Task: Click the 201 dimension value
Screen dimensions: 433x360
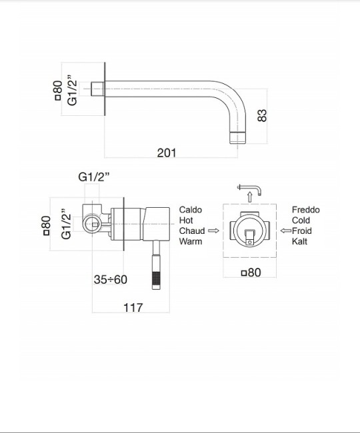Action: pos(166,153)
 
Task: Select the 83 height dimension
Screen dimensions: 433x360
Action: pos(262,115)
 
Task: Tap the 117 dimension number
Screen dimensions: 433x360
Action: pos(133,307)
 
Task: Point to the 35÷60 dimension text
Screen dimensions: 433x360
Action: pos(110,279)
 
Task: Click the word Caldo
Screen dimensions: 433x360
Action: pos(190,210)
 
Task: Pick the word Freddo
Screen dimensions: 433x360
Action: pos(305,210)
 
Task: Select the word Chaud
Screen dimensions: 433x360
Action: pos(191,231)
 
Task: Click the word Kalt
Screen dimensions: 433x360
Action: pos(301,242)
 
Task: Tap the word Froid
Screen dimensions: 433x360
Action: pos(304,231)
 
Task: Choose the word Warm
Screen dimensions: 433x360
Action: pos(191,242)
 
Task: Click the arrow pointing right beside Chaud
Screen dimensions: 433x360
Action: pos(213,231)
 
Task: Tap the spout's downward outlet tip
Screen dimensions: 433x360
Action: pos(239,137)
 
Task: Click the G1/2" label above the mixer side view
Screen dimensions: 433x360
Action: pos(94,177)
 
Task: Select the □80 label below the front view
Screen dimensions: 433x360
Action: pos(250,272)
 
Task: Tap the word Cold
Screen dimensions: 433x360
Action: pos(301,220)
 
